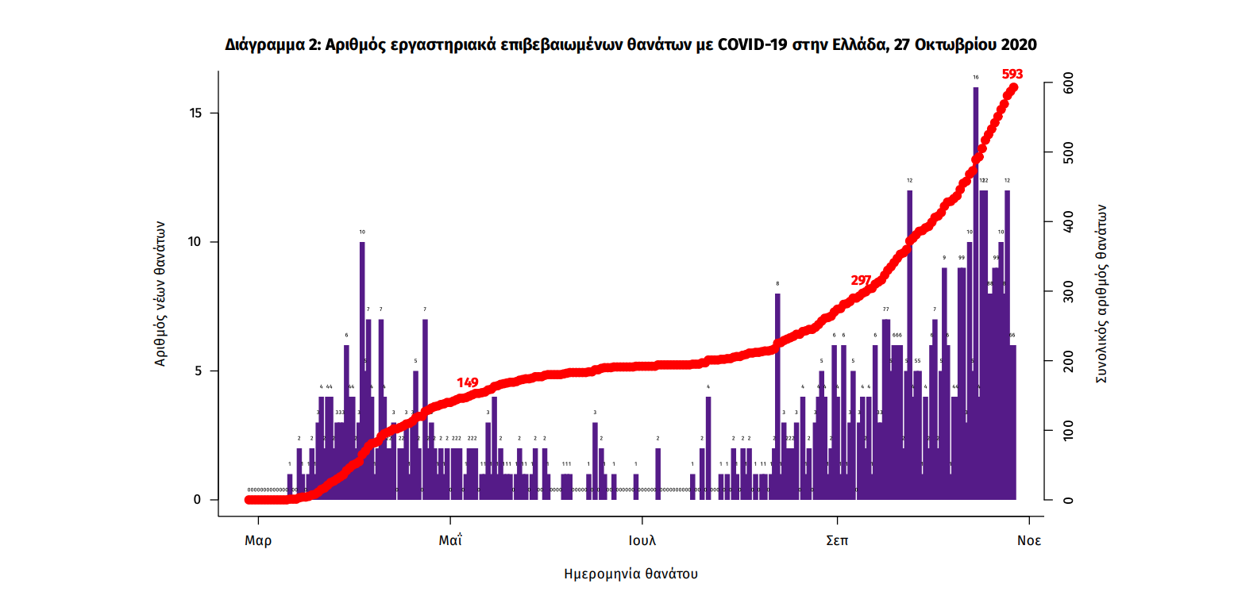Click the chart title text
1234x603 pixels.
(631, 44)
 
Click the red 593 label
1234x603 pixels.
(1012, 75)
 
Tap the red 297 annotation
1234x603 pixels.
(861, 280)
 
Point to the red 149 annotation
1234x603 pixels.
(467, 382)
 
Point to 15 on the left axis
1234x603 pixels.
(194, 113)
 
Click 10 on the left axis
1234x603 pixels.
(194, 242)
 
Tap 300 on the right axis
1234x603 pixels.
(1068, 292)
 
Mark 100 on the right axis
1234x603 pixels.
(1068, 431)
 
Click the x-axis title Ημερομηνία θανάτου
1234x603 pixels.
(630, 573)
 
